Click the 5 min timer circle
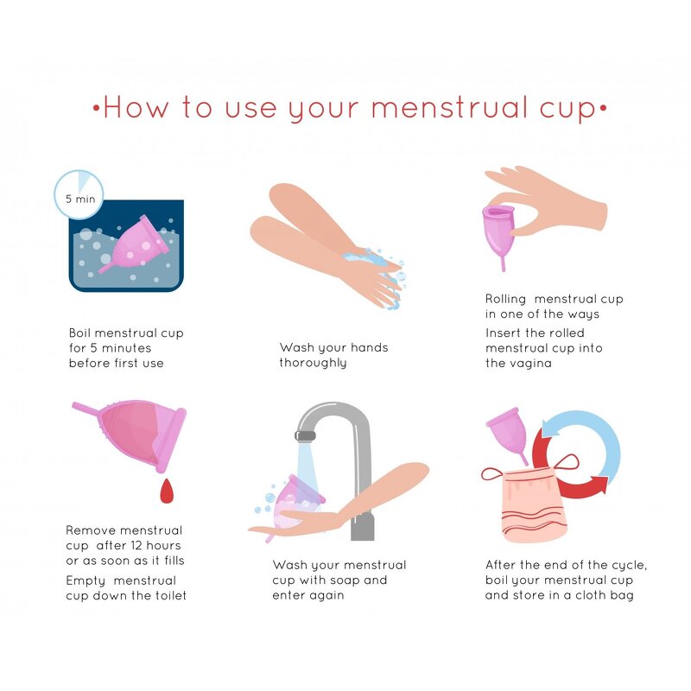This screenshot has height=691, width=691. click(79, 195)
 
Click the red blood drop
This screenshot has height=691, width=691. click(167, 492)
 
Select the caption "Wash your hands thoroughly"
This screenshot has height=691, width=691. click(333, 355)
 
